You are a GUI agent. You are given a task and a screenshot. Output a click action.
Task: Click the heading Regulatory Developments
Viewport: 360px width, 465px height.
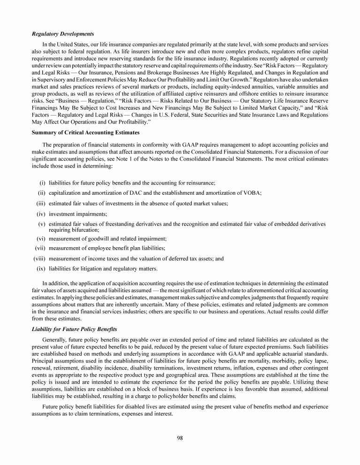62,34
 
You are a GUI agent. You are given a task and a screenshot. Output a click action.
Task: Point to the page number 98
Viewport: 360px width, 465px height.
180,438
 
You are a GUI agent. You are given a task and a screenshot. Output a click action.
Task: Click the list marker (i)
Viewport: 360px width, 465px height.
42,183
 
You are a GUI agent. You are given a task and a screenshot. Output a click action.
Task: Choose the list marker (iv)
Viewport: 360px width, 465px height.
41,214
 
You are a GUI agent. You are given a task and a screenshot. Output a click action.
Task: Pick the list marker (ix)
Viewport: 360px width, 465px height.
41,268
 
